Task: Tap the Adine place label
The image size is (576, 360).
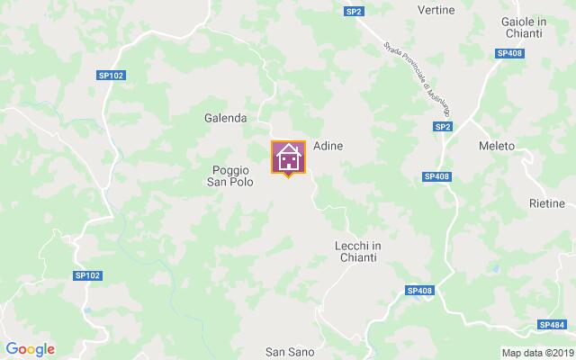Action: point(328,145)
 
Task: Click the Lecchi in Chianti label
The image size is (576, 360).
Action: point(357,251)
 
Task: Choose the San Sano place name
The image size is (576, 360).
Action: point(289,351)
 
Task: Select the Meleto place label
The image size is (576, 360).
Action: point(497,146)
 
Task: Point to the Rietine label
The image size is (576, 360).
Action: point(546,204)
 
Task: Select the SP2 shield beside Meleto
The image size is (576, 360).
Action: point(442,128)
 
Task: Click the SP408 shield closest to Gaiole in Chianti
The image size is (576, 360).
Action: point(508,54)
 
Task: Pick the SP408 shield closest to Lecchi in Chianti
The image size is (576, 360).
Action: point(419,290)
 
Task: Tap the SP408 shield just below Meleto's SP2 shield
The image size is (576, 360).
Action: point(436,176)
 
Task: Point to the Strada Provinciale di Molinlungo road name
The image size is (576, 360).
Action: point(416,77)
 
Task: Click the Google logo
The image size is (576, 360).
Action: point(30,349)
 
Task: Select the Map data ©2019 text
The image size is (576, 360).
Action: point(536,352)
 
